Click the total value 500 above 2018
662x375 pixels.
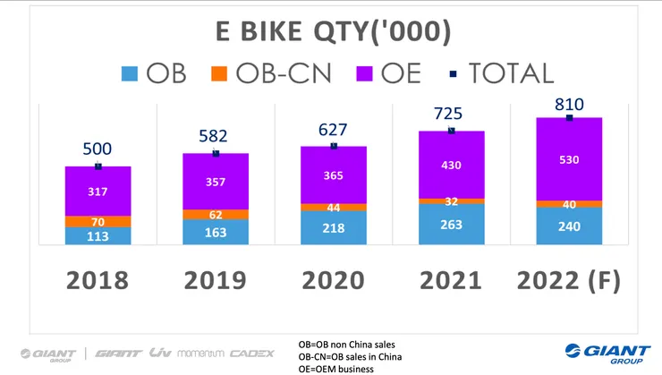(98, 149)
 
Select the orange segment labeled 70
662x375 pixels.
(98, 221)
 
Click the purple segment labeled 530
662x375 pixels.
(569, 160)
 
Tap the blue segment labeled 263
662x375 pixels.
(451, 225)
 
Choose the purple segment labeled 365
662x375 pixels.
(333, 175)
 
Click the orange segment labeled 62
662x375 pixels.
(216, 215)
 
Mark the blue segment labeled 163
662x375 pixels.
(216, 233)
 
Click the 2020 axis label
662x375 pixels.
(333, 280)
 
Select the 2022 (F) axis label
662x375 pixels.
(569, 280)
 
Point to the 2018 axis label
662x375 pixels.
(98, 280)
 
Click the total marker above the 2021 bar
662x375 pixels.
(451, 131)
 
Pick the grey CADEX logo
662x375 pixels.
(253, 354)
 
